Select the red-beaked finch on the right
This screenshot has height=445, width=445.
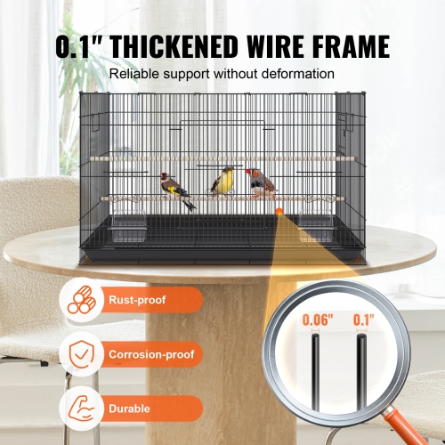262,182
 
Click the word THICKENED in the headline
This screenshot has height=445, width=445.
183,47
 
